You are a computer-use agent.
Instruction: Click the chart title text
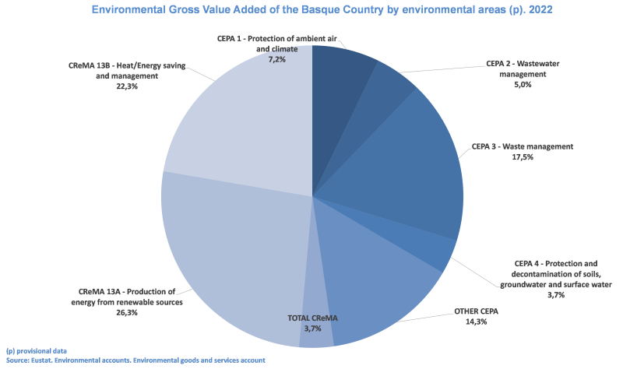point(311,12)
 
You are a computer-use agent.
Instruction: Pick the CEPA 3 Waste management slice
point(413,171)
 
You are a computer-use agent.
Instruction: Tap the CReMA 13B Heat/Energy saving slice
point(241,125)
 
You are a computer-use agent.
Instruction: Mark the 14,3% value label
point(475,322)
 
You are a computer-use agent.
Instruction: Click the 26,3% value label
point(126,312)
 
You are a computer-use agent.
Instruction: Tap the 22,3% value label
point(126,87)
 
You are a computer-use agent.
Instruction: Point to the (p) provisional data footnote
point(36,351)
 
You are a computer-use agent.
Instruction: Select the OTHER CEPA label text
point(476,312)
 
